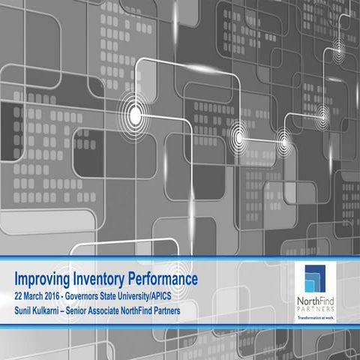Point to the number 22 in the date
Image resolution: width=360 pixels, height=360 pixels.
20,293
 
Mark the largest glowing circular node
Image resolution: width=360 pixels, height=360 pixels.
135,115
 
